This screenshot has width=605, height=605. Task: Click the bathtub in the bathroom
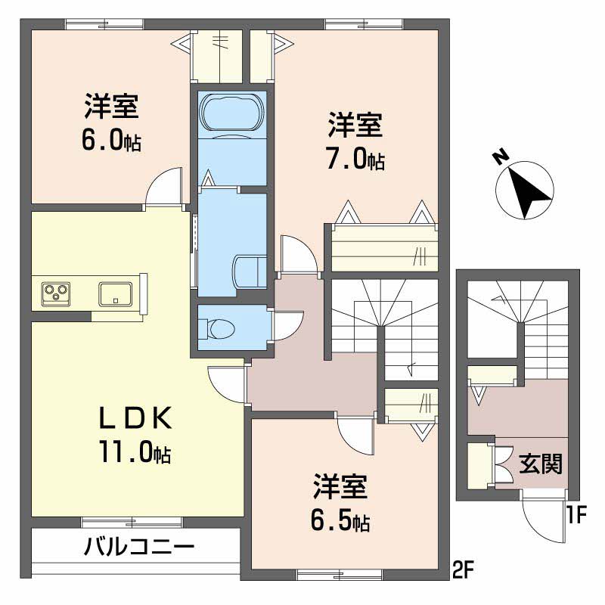pos(232,114)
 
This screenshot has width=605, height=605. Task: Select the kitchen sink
pos(116,294)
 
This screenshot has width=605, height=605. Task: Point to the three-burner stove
pos(56,294)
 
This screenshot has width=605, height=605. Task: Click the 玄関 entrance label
pos(540,464)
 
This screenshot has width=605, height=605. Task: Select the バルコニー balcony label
pos(139,547)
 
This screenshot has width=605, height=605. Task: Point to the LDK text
pos(136,418)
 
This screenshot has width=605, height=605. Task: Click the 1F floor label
pos(576,515)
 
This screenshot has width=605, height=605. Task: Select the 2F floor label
pos(463,569)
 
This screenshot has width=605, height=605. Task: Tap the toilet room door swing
pos(288,325)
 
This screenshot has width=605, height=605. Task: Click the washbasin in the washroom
pos(250,273)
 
